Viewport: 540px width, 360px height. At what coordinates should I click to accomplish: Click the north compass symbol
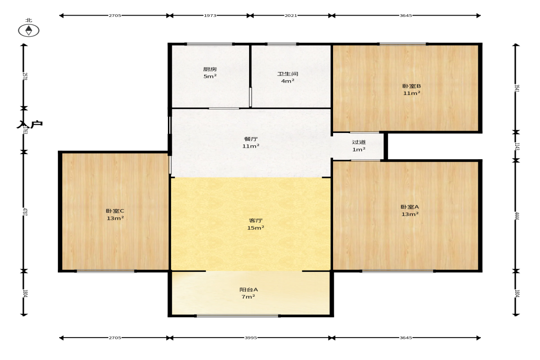click(x=28, y=30)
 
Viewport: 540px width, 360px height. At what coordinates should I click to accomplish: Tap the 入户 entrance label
click(x=30, y=124)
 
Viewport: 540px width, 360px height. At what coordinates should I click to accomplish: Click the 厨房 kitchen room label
click(x=210, y=69)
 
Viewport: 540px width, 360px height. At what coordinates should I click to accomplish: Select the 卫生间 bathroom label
click(x=288, y=74)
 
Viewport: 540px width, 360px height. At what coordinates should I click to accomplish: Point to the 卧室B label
click(x=412, y=86)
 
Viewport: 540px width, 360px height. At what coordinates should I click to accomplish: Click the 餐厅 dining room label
click(x=251, y=139)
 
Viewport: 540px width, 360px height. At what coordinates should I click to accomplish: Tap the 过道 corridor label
click(x=359, y=142)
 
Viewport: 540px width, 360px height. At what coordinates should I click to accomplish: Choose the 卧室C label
click(x=115, y=211)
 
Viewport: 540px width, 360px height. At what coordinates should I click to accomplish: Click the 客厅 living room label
click(x=256, y=221)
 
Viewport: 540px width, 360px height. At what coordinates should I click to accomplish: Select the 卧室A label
click(x=410, y=207)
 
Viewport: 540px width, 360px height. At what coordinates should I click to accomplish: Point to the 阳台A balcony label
click(x=249, y=289)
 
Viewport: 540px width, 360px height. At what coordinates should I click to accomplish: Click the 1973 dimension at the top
click(x=210, y=16)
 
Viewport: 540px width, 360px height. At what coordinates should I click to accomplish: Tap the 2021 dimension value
click(x=291, y=16)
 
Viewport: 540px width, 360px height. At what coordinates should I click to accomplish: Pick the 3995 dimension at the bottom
click(x=251, y=338)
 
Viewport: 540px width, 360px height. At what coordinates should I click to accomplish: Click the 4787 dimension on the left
click(x=24, y=212)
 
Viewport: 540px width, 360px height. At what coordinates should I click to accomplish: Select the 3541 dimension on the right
click(x=517, y=89)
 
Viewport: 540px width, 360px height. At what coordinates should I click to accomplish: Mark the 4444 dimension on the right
click(x=517, y=216)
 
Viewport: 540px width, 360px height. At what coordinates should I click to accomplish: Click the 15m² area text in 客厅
click(x=256, y=228)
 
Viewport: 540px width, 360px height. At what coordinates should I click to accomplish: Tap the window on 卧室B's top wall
click(x=402, y=44)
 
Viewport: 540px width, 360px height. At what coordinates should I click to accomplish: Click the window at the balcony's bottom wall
click(x=238, y=316)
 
